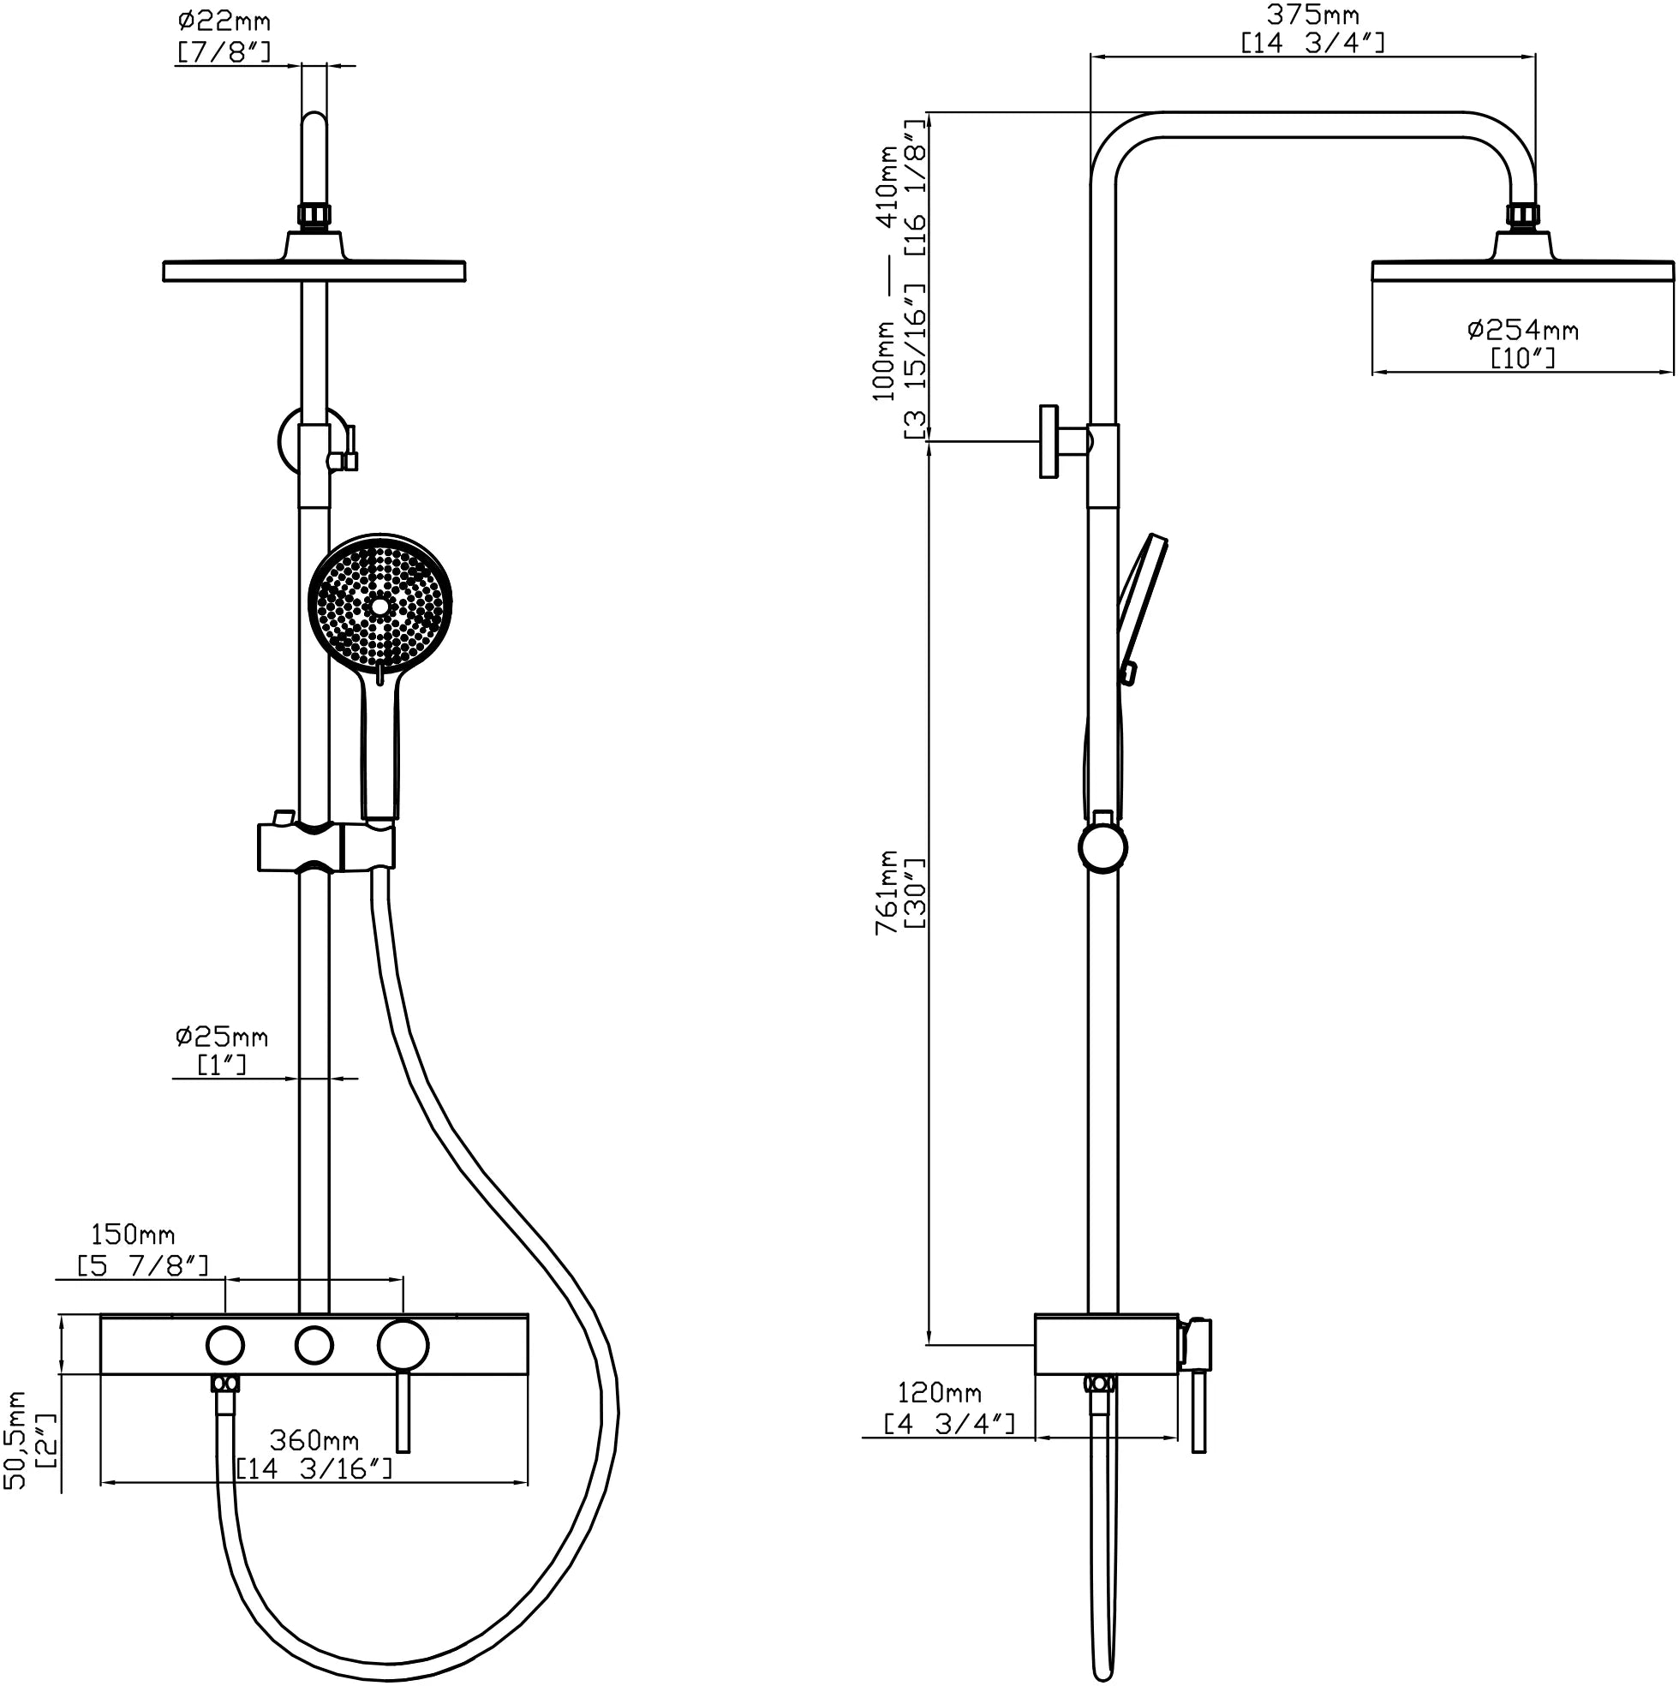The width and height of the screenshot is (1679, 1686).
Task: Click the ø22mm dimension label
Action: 224,21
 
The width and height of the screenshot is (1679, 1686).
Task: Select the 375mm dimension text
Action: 1312,15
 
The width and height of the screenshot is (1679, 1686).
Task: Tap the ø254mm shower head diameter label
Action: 1523,330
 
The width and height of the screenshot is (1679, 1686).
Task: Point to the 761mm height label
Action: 887,892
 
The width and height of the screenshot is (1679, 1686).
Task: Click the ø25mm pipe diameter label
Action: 222,1037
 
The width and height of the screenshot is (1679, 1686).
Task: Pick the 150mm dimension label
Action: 133,1235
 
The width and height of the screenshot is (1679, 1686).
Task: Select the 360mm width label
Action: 314,1440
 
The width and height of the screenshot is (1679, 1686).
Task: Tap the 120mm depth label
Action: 939,1393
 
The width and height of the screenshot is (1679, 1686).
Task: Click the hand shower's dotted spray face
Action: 379,604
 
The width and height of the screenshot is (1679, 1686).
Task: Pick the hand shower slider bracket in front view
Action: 326,846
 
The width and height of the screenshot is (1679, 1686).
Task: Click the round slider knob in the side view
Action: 1103,847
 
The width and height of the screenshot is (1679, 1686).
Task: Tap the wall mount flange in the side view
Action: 1049,441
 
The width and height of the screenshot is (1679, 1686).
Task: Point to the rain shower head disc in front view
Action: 314,271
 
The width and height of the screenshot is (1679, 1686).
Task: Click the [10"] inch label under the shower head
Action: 1523,358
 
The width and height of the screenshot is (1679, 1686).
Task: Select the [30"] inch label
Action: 917,894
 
